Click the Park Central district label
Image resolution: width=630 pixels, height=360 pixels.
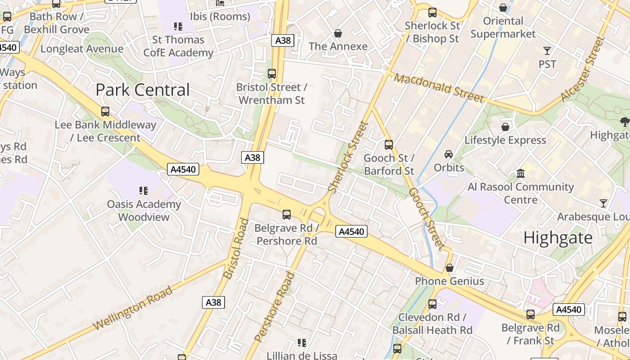pos(143,90)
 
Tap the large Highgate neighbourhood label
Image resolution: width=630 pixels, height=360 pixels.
pos(558,238)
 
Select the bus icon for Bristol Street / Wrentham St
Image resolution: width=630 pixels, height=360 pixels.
pos(271,74)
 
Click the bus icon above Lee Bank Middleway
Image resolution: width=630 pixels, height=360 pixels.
pos(105,111)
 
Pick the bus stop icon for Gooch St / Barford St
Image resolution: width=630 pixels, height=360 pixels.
pos(389,145)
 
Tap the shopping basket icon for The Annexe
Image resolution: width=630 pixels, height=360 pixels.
pos(337,33)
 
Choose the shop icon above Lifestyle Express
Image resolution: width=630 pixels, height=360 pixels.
pos(505,127)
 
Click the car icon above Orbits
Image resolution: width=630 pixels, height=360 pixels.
pos(449,154)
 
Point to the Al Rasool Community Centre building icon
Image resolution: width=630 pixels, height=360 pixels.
pos(521,173)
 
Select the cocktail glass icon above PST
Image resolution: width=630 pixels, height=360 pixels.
pos(547,50)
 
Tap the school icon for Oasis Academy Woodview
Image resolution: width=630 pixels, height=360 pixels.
pos(144,191)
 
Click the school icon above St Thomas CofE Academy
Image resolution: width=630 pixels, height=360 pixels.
pos(178,27)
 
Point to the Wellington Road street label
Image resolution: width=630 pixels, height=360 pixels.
pos(133,308)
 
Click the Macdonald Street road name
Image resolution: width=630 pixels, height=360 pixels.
pos(439,88)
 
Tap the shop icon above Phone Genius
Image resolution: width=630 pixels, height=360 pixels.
pos(449,268)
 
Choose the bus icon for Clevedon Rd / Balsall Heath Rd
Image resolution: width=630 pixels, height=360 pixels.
pos(432,304)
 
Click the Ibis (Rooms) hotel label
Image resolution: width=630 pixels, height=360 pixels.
pos(220,17)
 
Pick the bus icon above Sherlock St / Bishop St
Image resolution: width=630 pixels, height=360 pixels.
pos(432,13)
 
